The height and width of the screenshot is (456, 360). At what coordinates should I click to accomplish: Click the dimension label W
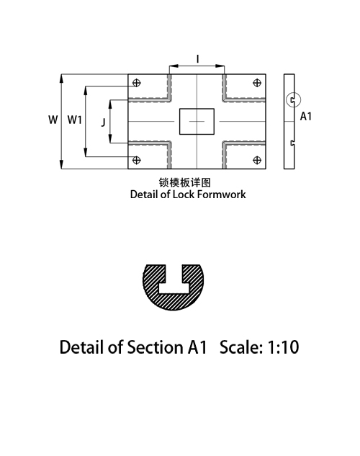pyautogui.click(x=53, y=120)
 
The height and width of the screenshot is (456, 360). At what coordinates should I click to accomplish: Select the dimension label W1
pyautogui.click(x=75, y=120)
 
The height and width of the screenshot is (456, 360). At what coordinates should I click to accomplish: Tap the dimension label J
pyautogui.click(x=103, y=122)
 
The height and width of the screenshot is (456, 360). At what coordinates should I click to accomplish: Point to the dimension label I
pyautogui.click(x=198, y=59)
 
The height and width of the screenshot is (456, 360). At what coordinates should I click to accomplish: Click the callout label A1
pyautogui.click(x=306, y=116)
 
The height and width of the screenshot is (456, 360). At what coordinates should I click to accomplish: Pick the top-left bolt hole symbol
pyautogui.click(x=137, y=83)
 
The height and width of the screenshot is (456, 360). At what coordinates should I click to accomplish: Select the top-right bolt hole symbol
pyautogui.click(x=257, y=83)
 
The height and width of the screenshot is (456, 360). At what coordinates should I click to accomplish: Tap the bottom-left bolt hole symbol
pyautogui.click(x=137, y=160)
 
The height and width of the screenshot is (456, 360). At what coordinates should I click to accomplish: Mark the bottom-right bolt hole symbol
pyautogui.click(x=257, y=160)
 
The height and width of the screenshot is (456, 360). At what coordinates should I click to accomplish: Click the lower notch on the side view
pyautogui.click(x=292, y=143)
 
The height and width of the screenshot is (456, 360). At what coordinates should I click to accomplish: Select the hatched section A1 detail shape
pyautogui.click(x=174, y=303)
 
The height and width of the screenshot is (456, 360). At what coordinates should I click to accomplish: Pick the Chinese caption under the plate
pyautogui.click(x=185, y=183)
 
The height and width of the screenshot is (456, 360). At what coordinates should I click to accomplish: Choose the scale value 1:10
pyautogui.click(x=283, y=347)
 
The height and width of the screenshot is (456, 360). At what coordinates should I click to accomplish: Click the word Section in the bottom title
pyautogui.click(x=155, y=347)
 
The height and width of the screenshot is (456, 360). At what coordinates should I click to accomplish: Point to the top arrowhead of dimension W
pyautogui.click(x=61, y=79)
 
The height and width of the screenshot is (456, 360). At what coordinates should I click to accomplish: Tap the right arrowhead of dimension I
pyautogui.click(x=220, y=66)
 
